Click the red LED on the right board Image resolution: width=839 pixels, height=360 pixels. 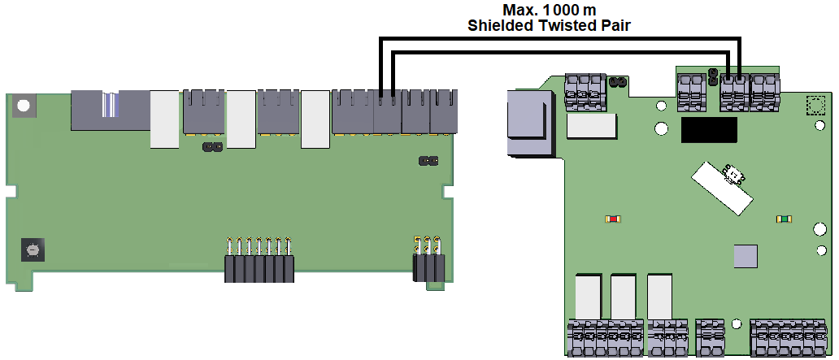pyautogui.click(x=613, y=219)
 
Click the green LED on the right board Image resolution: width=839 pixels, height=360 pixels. pyautogui.click(x=785, y=219)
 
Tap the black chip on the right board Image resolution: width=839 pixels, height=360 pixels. pyautogui.click(x=709, y=130)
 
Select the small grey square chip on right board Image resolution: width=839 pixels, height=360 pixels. pyautogui.click(x=746, y=256)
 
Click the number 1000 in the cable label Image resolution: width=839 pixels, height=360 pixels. pyautogui.click(x=561, y=10)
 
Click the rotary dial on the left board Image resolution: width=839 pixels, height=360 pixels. pyautogui.click(x=33, y=249)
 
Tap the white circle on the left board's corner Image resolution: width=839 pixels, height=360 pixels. pyautogui.click(x=23, y=105)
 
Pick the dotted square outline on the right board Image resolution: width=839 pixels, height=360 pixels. pyautogui.click(x=815, y=105)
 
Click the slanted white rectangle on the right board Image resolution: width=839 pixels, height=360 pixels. pyautogui.click(x=722, y=189)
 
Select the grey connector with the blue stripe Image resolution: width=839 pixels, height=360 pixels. pyautogui.click(x=111, y=111)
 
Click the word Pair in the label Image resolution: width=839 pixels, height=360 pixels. pyautogui.click(x=616, y=26)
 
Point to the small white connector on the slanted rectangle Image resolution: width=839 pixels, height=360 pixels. pyautogui.click(x=734, y=176)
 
